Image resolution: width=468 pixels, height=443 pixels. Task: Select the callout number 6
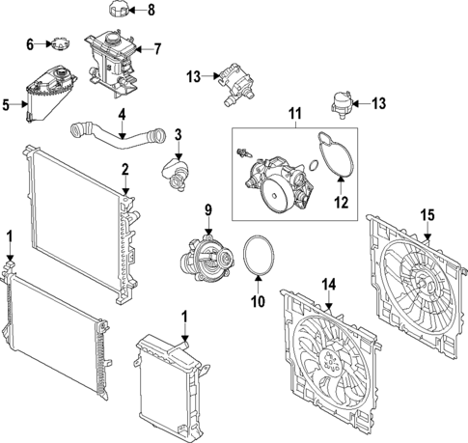(29, 44)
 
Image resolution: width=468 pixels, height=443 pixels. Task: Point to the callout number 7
(158, 47)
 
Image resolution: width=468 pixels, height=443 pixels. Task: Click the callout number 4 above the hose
(122, 115)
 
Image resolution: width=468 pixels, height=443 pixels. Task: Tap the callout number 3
(178, 134)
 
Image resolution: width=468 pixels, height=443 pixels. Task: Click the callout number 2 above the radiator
(124, 170)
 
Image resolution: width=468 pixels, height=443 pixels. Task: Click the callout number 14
(329, 285)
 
